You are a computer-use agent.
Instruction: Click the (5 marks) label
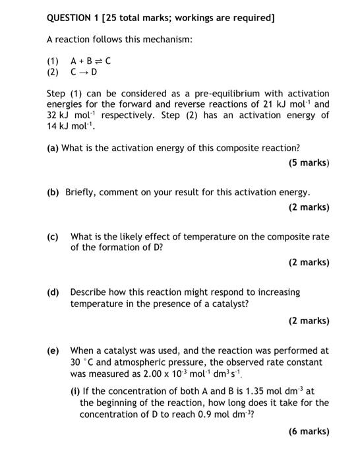click(309, 162)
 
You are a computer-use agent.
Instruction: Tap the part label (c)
click(52, 236)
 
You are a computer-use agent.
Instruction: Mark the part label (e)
click(52, 350)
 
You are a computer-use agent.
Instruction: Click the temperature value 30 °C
click(82, 362)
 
